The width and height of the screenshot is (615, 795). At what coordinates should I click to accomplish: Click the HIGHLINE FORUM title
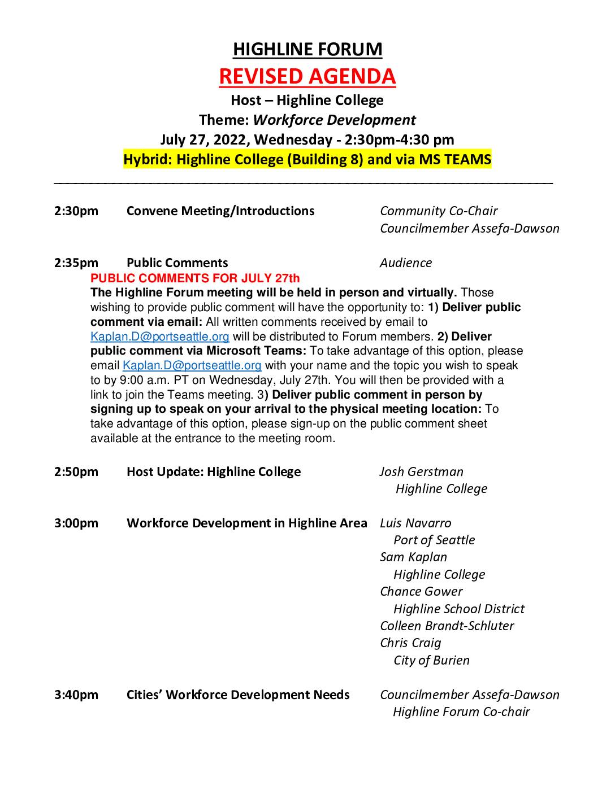(307, 50)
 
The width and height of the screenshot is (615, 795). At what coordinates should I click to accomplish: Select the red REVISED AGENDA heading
(307, 76)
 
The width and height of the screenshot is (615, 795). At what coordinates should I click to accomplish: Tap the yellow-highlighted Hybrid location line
(307, 159)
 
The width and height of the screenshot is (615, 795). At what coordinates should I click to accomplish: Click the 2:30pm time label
(76, 211)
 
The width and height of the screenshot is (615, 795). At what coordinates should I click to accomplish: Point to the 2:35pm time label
(76, 263)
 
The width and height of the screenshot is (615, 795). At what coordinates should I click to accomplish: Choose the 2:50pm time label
(76, 471)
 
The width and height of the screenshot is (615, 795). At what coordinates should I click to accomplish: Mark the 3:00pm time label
(76, 523)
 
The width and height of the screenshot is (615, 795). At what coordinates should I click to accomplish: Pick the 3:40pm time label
(76, 694)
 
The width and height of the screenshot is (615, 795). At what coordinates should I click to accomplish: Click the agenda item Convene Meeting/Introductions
(220, 211)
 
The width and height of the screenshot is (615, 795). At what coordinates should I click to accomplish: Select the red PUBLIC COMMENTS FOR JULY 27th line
(195, 278)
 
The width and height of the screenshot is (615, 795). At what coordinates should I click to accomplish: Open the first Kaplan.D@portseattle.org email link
(160, 337)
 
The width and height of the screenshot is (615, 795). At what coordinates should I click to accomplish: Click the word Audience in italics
(406, 263)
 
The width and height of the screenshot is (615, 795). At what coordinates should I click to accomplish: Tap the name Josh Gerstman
(422, 471)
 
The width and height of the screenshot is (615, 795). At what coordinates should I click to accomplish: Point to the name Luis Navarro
(415, 523)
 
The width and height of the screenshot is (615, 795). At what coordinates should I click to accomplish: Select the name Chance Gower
(421, 591)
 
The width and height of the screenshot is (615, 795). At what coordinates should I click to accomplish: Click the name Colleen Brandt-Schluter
(447, 626)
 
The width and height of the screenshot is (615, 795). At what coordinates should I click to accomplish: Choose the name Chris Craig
(410, 643)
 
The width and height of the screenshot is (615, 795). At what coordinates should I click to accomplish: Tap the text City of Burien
(431, 660)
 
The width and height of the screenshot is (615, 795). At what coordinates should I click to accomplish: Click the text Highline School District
(458, 609)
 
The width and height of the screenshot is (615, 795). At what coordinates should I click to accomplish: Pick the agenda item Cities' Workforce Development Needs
(238, 694)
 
